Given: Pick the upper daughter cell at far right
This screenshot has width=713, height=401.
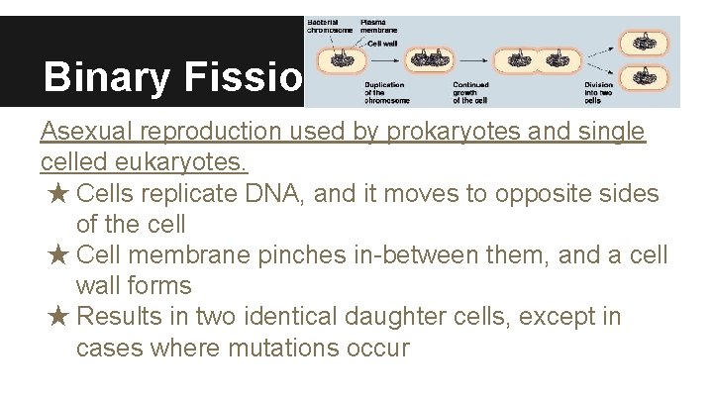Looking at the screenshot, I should (x=646, y=42).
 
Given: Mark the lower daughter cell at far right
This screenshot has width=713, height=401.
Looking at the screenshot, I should (x=646, y=76).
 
